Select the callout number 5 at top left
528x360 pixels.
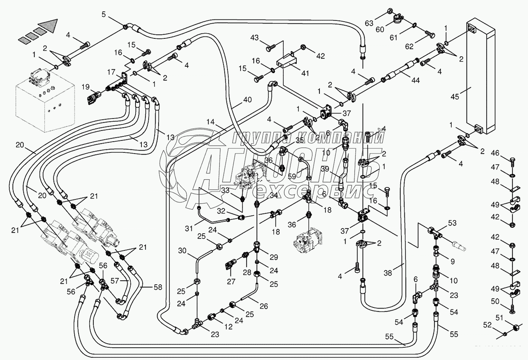pyautogui.click(x=104, y=15)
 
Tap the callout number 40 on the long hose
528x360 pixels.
pyautogui.click(x=248, y=100)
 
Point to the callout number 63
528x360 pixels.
pyautogui.click(x=369, y=23)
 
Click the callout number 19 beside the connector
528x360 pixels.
pyautogui.click(x=86, y=88)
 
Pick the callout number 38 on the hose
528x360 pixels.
pyautogui.click(x=388, y=273)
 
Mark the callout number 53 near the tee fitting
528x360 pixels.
pyautogui.click(x=452, y=223)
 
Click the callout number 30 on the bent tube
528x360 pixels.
pyautogui.click(x=182, y=251)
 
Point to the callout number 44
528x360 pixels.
pyautogui.click(x=416, y=80)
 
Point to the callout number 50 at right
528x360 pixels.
pyautogui.click(x=495, y=301)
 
